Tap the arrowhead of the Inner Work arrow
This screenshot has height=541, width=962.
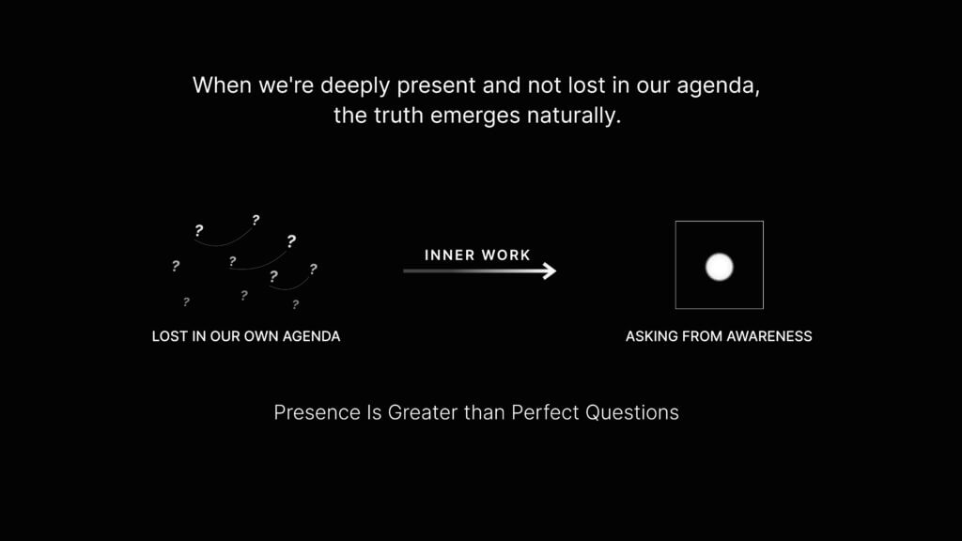click(549, 270)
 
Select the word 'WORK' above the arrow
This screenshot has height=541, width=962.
click(506, 255)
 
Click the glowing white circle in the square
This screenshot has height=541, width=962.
click(719, 267)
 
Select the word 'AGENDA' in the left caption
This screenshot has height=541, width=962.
click(311, 336)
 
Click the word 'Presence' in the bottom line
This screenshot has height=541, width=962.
click(318, 413)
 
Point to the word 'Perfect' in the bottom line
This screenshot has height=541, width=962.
click(545, 413)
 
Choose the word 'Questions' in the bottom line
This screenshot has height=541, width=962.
click(632, 413)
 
